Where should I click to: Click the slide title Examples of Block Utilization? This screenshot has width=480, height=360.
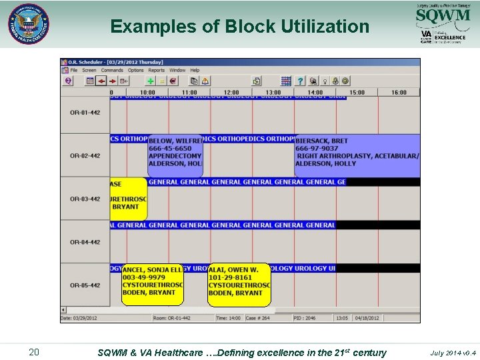[239, 26]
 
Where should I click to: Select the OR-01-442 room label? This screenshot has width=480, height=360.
[85, 113]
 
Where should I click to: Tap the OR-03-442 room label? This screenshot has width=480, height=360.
[85, 199]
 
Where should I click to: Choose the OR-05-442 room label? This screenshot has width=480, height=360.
[85, 285]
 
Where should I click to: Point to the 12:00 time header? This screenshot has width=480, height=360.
[231, 92]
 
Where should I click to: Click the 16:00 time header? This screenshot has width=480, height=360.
[399, 92]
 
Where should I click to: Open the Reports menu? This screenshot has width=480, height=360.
[157, 70]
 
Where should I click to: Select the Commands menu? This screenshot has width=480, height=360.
[112, 70]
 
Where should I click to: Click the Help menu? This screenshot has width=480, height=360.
[195, 70]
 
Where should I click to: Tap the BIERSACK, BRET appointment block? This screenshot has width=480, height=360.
[357, 155]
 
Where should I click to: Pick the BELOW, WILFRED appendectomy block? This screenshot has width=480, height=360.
[175, 155]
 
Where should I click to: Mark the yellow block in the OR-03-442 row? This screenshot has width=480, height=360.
[128, 199]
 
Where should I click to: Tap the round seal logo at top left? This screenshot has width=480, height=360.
[29, 24]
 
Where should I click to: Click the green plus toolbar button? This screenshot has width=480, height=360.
[151, 81]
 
